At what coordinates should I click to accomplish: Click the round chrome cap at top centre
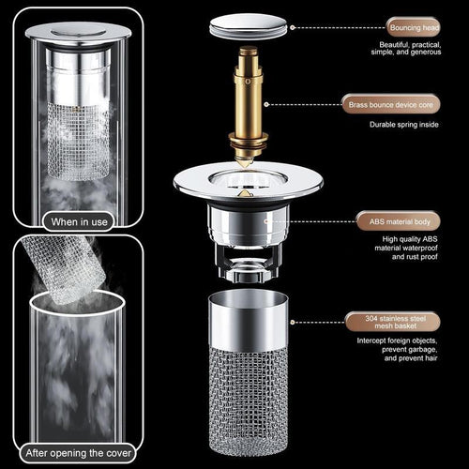[x=249, y=26]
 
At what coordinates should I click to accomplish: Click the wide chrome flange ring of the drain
[x=249, y=184]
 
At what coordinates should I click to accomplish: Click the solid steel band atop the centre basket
[x=249, y=324]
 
